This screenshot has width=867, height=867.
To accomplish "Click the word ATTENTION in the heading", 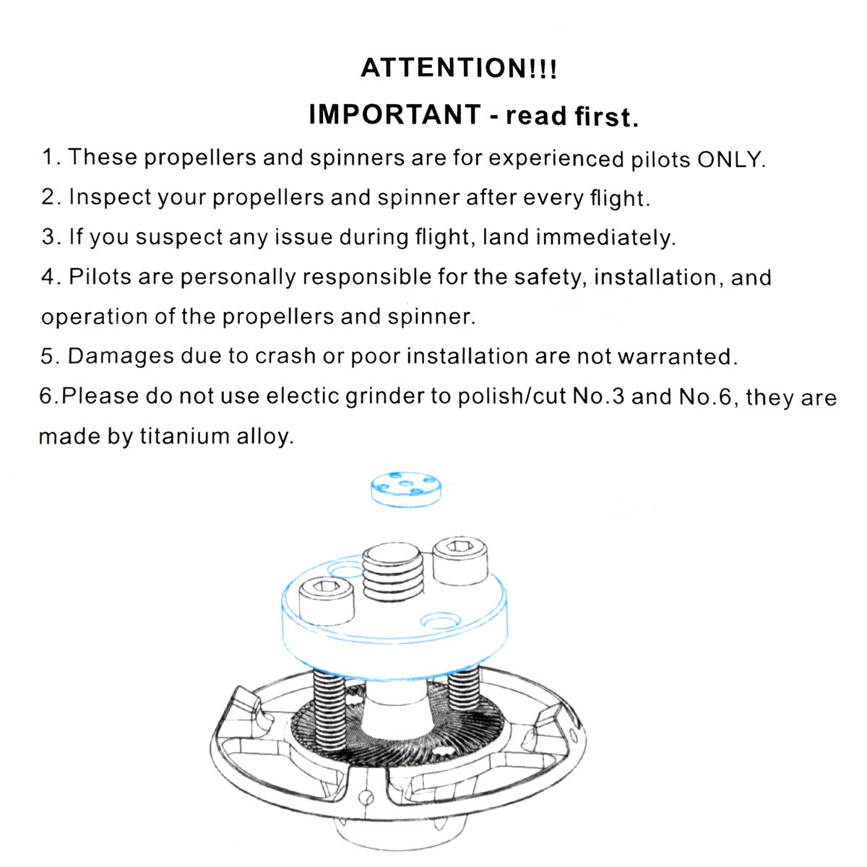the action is pos(443,68).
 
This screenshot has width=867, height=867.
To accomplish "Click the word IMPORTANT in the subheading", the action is pos(395,114).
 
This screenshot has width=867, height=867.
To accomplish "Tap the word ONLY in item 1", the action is pos(730,159).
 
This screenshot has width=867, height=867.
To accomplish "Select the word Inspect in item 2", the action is pos(110,198).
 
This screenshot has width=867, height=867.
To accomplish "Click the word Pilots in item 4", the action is pos(100,276).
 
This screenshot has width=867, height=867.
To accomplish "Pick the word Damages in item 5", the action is pos(121,357).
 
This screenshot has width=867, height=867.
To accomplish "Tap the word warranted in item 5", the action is pos(677,356).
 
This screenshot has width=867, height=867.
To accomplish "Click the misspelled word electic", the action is pos(302,397).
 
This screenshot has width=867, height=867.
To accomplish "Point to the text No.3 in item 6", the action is pos(598,397).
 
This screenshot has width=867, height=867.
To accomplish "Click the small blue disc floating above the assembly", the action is pos(406,488).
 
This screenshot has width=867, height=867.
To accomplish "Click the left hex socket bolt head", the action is pos(326,602).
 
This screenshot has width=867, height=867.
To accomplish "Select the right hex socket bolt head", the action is pos(460,561).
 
